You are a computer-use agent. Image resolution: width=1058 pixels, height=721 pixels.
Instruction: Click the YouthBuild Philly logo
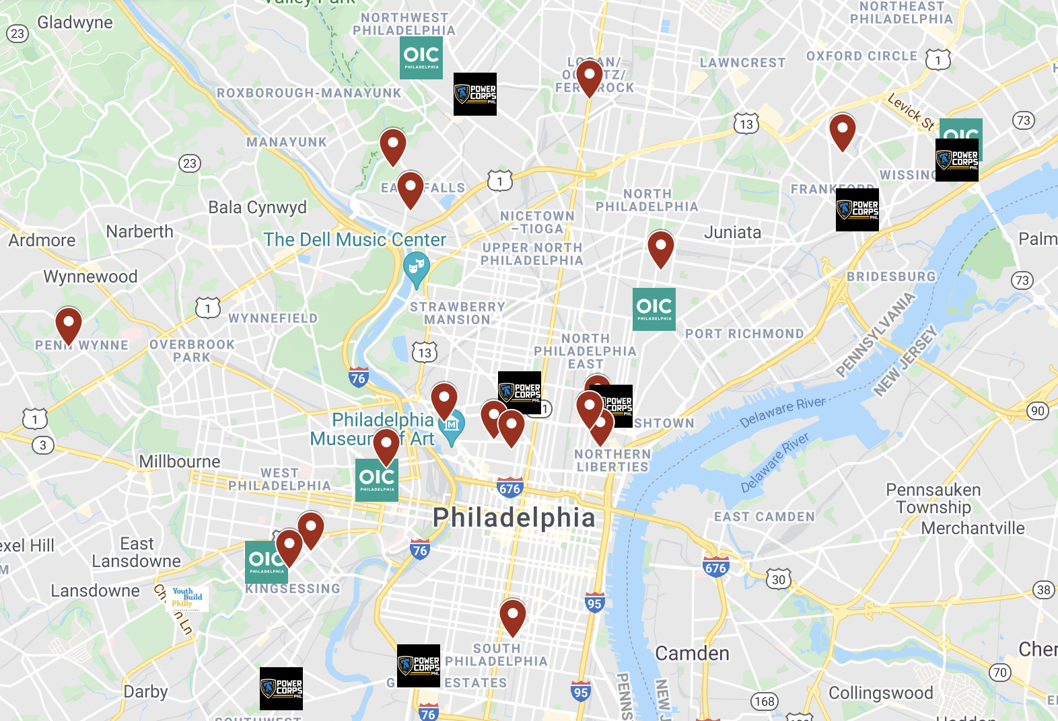point(188,598)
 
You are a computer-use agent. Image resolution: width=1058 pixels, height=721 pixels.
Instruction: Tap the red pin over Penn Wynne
point(69,325)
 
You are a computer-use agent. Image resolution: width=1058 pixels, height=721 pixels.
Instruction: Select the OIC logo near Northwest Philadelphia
point(421,58)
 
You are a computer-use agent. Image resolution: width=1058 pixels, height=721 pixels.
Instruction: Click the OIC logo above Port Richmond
point(654,309)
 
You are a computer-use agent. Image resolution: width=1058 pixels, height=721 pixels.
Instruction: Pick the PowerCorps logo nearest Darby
point(281,689)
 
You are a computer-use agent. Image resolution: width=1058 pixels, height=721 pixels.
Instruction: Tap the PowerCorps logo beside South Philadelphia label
point(419,666)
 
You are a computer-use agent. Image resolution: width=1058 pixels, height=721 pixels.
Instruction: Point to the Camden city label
point(692,653)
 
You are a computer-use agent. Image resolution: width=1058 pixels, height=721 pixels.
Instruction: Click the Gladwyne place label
point(75,22)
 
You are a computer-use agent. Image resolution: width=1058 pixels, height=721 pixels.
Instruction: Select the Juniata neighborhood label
point(732,233)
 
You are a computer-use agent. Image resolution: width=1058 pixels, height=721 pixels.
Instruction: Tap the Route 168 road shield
point(765,701)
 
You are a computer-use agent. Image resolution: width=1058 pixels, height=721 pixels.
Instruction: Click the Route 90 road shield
point(1038,411)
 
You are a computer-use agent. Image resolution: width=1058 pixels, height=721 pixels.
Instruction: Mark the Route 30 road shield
point(779,579)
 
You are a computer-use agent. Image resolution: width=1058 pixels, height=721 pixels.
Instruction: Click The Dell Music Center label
point(355,240)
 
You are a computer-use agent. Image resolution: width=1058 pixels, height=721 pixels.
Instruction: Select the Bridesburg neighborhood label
point(891,276)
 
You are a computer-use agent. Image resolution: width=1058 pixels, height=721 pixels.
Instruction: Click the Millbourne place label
point(180,462)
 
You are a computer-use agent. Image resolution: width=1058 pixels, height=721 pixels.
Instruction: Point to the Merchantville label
point(973,529)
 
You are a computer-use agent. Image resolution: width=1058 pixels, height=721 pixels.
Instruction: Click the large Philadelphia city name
point(514,518)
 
